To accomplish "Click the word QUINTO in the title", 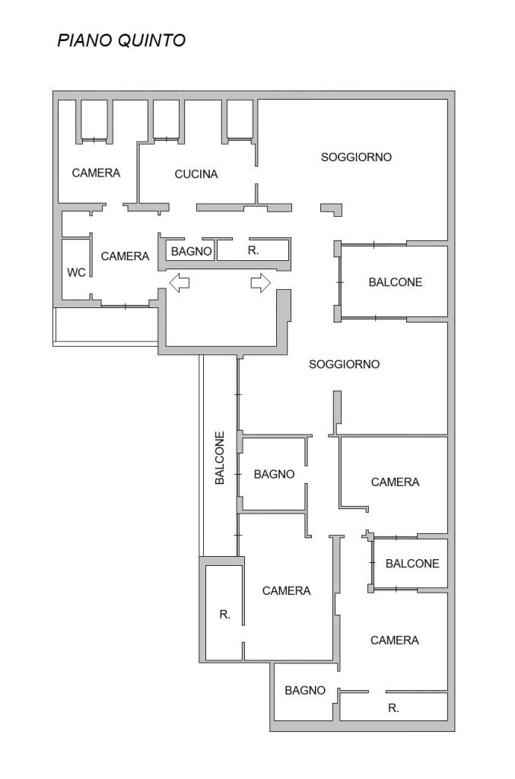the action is tap(152, 40).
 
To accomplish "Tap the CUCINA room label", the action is tap(196, 174).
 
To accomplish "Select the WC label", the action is tap(76, 272).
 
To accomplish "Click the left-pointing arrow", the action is tap(180, 283).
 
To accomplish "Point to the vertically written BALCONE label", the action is tap(220, 457).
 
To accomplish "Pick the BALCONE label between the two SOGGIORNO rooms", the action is tap(396, 282).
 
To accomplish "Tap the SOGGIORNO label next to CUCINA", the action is tap(356, 157).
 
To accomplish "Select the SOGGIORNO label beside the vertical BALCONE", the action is tap(344, 364).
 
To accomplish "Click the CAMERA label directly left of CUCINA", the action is tap(96, 173).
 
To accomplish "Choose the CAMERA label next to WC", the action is tap(125, 256).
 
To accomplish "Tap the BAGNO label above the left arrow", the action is tap(191, 251).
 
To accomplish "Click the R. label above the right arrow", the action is tap(253, 250).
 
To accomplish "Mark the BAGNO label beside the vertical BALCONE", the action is tap(274, 474).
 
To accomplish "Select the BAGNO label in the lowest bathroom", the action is tap(305, 690).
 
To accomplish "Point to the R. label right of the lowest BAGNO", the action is tap(393, 708).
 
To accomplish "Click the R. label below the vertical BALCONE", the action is tap(225, 615).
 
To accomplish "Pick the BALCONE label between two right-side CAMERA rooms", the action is tap(412, 564).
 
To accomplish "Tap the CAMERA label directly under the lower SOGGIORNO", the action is tap(395, 482).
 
